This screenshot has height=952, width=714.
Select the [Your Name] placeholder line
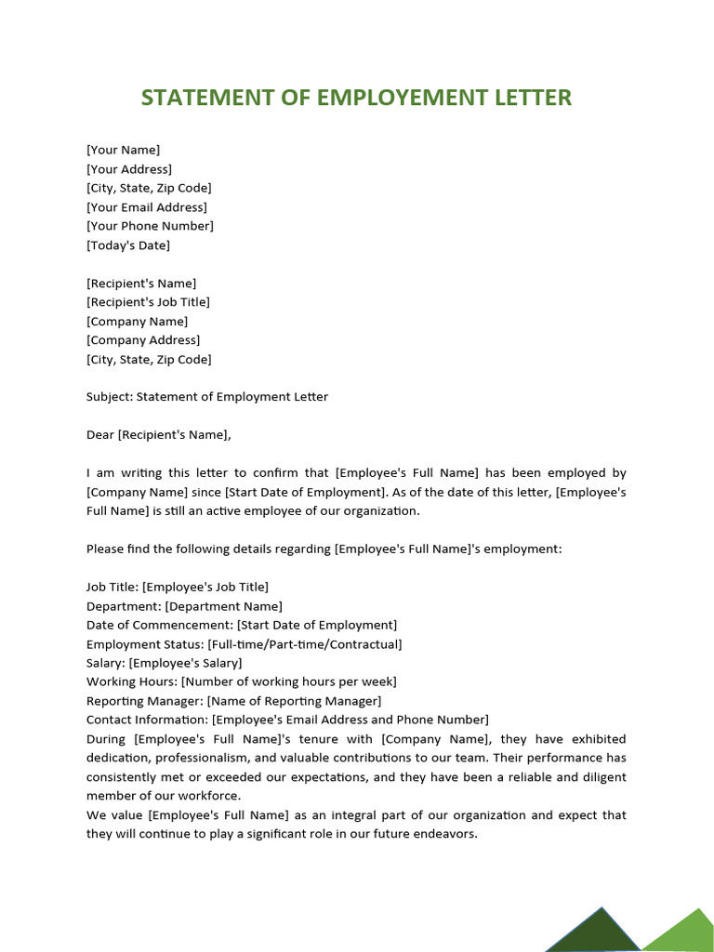(x=123, y=150)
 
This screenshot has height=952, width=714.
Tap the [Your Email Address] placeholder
(x=147, y=207)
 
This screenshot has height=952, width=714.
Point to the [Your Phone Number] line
(x=150, y=226)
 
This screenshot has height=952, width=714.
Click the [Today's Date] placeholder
(x=128, y=245)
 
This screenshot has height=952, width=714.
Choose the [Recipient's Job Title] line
(x=148, y=302)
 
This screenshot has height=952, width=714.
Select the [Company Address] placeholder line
(x=143, y=340)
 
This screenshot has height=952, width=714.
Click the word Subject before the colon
(x=109, y=397)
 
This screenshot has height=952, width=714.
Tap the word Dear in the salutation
(x=100, y=434)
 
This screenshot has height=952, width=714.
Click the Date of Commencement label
(x=159, y=625)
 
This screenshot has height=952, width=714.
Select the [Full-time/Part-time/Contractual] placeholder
(x=304, y=644)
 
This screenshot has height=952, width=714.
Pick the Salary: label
(x=106, y=663)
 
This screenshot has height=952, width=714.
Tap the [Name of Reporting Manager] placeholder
(x=294, y=701)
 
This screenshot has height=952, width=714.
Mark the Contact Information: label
(x=147, y=720)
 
